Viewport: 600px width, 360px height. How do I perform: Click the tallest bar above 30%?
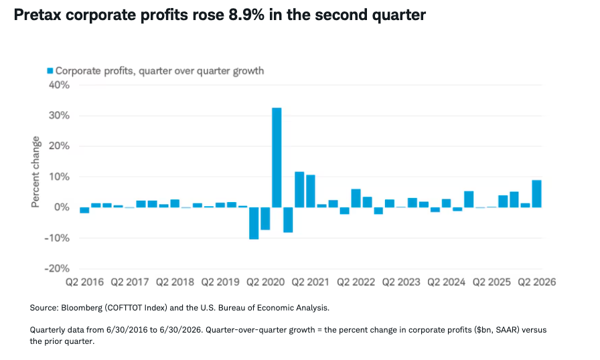pyautogui.click(x=277, y=157)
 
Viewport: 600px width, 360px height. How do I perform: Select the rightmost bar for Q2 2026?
pyautogui.click(x=536, y=194)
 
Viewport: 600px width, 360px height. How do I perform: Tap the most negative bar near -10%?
pyautogui.click(x=254, y=223)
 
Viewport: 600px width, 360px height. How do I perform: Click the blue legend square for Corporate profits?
pyautogui.click(x=50, y=71)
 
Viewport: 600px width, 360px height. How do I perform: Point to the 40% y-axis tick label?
pyautogui.click(x=60, y=85)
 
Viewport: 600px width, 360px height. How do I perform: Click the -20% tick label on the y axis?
pyautogui.click(x=57, y=268)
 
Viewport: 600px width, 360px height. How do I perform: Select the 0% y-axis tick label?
pyautogui.click(x=62, y=207)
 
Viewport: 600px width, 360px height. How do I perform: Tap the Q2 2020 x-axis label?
pyautogui.click(x=265, y=282)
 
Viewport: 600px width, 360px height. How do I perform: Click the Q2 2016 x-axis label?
pyautogui.click(x=84, y=282)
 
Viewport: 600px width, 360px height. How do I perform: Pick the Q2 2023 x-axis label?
pyautogui.click(x=401, y=282)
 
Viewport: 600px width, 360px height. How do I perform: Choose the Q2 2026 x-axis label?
pyautogui.click(x=537, y=282)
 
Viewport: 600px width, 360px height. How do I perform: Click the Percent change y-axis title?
pyautogui.click(x=35, y=172)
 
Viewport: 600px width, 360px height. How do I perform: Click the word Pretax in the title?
pyautogui.click(x=38, y=15)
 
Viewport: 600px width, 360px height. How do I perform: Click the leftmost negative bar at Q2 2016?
pyautogui.click(x=84, y=210)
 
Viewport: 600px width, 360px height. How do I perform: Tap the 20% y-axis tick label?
pyautogui.click(x=60, y=146)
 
